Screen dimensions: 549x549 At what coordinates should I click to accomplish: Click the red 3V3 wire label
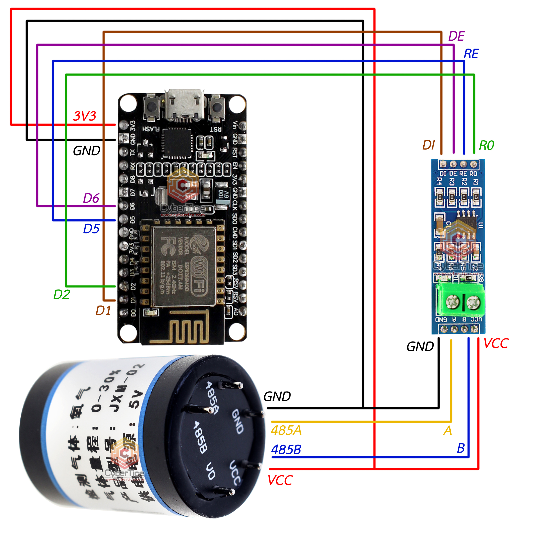pyautogui.click(x=85, y=116)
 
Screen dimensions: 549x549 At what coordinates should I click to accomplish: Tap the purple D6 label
pyautogui.click(x=91, y=198)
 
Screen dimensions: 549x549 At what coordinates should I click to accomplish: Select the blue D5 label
pyautogui.click(x=91, y=229)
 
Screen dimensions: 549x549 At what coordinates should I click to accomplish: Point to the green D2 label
pyautogui.click(x=61, y=294)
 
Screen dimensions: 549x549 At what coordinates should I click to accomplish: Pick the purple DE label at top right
pyautogui.click(x=456, y=36)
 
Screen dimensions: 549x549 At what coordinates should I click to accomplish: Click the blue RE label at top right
pyautogui.click(x=471, y=54)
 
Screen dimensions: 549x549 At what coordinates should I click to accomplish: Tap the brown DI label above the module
pyautogui.click(x=428, y=145)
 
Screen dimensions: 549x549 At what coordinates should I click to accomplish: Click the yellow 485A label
pyautogui.click(x=286, y=430)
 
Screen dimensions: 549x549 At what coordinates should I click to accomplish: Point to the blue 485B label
pyautogui.click(x=286, y=450)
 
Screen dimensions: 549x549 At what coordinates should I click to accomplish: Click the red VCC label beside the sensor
pyautogui.click(x=280, y=480)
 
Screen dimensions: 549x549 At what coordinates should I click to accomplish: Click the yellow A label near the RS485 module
pyautogui.click(x=447, y=430)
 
